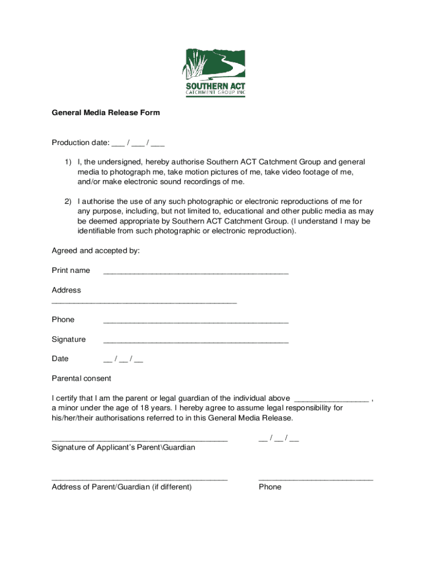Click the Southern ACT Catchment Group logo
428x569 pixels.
pos(213,73)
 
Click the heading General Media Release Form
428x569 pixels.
pos(106,113)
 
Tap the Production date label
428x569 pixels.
pos(80,143)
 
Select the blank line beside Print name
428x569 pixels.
pos(196,272)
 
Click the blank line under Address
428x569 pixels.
pos(144,302)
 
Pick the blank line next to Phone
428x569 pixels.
pos(196,321)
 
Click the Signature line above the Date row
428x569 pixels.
pos(196,341)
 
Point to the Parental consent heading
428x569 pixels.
pos(81,378)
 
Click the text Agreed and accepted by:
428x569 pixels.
pos(96,251)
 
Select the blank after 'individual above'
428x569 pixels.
pos(331,399)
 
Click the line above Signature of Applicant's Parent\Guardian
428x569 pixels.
pos(140,439)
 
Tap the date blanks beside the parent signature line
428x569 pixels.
pos(278,438)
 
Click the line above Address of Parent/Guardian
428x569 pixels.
pos(140,478)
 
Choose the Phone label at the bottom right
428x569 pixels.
pos(270,487)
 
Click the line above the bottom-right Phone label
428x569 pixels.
pos(316,478)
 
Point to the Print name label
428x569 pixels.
pos(71,271)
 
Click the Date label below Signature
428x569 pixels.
pos(60,359)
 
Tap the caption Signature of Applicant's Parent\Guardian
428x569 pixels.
pos(123,447)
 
